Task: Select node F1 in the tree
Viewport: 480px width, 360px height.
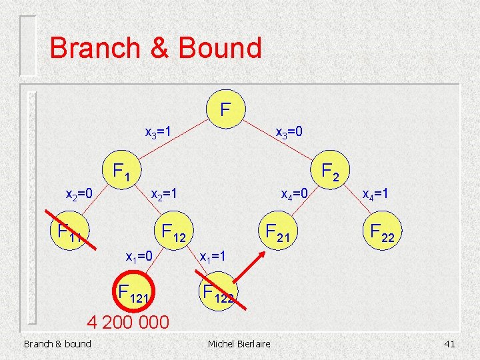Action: coord(120,173)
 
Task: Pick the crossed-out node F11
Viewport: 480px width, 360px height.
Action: coord(69,232)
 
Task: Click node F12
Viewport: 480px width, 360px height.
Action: coord(173,233)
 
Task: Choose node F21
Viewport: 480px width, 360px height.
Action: coord(279,231)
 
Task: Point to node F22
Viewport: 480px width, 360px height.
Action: coord(383,231)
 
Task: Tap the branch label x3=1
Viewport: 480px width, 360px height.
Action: coord(159,132)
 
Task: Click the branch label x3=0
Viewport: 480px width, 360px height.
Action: coord(290,132)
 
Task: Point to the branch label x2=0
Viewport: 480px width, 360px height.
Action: coord(79,194)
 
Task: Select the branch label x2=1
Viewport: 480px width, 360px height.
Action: coord(164,194)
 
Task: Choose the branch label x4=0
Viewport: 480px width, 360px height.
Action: coord(294,194)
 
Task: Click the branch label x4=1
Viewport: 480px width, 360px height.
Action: coord(375,194)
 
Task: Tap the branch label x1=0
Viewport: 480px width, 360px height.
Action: coord(140,255)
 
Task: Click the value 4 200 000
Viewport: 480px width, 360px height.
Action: coord(129,323)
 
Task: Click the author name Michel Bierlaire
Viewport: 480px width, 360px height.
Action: coord(239,344)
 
